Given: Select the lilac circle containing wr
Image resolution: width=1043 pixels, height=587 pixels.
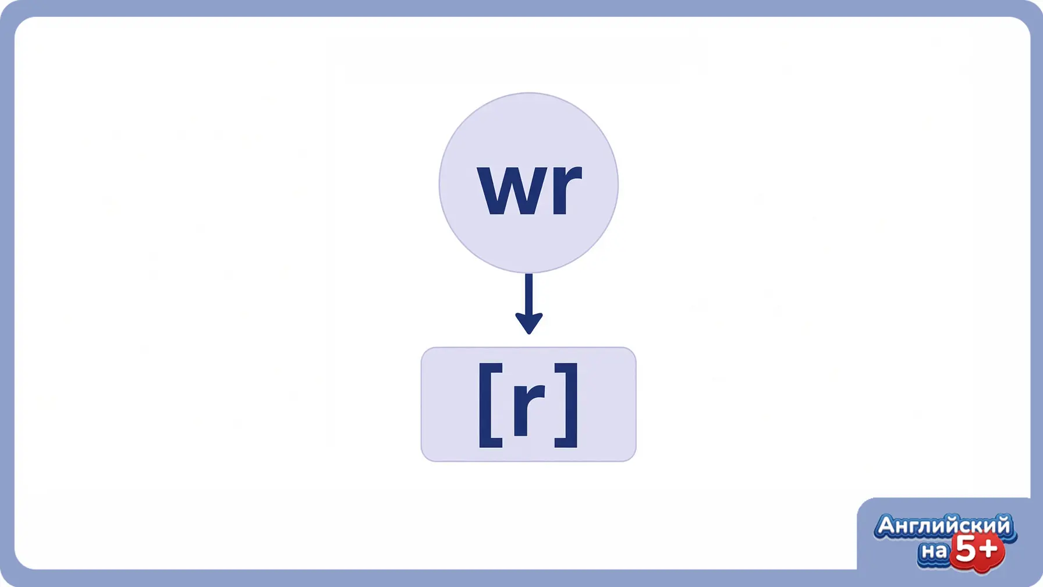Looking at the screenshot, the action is [528, 183].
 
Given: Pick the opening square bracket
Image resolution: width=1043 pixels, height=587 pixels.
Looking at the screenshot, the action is [490, 405].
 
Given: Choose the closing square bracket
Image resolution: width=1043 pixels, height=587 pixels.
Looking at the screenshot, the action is [566, 405].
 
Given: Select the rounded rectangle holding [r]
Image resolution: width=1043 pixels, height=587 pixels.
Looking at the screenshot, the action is [528, 405].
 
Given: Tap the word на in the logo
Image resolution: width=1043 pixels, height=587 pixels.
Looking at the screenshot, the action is [934, 550].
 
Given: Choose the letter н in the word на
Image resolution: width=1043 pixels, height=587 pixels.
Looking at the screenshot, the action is [927, 551].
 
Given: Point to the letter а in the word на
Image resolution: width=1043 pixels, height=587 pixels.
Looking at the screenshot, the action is [941, 551].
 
